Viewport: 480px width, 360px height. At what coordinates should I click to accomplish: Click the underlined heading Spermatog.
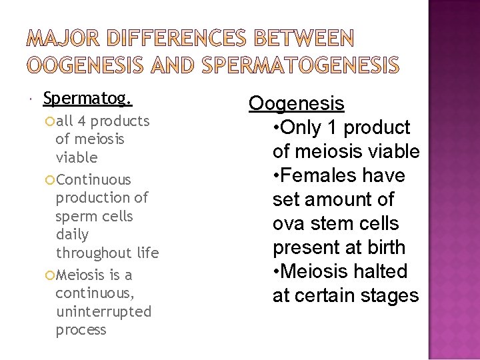87,99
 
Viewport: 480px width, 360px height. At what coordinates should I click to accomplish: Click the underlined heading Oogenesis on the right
297,103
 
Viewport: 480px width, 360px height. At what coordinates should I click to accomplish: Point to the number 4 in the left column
81,121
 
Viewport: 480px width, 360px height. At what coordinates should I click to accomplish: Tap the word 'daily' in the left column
72,235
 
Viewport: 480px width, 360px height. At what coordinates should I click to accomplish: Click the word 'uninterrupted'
103,311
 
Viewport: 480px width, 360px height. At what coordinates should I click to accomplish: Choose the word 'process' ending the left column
81,330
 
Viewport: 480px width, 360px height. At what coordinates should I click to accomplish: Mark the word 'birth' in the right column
383,247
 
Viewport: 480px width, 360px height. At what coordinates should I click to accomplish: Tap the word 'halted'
383,271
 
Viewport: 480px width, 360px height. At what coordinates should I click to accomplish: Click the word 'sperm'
75,216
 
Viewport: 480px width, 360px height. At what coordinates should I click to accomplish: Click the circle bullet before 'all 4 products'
51,121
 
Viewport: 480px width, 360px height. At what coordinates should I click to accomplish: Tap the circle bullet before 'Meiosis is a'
51,275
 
